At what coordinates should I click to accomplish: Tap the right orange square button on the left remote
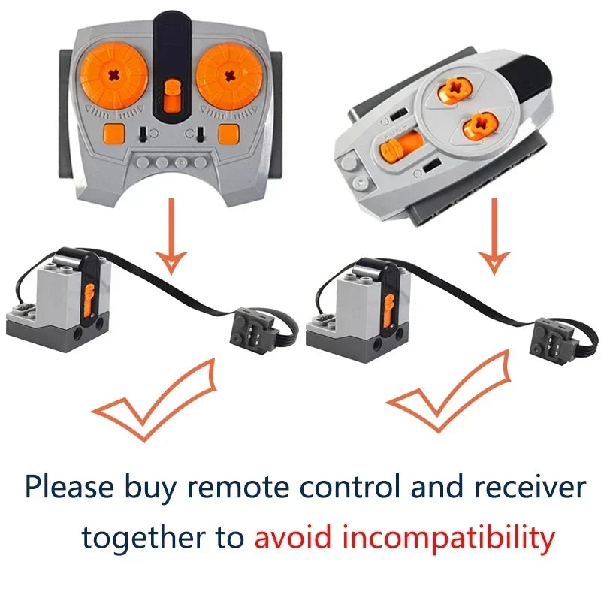228,134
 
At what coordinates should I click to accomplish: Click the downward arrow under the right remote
494,234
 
